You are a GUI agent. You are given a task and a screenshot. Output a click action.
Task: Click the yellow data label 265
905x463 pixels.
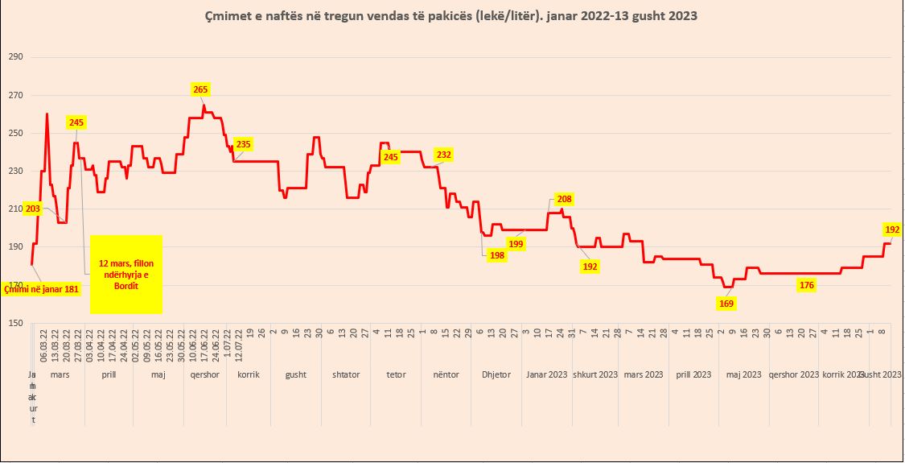[x=200, y=89]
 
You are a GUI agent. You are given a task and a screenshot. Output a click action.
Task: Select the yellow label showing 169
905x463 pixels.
[x=726, y=304]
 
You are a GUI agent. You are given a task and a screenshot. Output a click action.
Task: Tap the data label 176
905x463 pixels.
[x=807, y=284]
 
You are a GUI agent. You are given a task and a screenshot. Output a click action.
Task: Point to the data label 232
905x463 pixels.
[x=443, y=154]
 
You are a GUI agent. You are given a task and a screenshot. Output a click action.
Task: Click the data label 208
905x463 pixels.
[x=564, y=199]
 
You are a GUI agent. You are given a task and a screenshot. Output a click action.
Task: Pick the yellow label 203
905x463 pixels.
[x=33, y=209]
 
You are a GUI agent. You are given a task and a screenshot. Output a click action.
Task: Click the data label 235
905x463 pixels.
[x=243, y=144]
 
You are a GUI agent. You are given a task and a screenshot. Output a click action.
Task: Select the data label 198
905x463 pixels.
[x=496, y=255]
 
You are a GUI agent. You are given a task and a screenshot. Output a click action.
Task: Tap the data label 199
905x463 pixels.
[x=516, y=244]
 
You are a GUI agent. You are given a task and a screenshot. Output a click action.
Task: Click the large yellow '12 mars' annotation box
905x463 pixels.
[x=126, y=275]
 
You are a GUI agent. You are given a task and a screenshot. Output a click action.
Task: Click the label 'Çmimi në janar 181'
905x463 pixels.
[x=42, y=288]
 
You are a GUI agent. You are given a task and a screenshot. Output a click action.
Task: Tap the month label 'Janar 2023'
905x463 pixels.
[x=547, y=374]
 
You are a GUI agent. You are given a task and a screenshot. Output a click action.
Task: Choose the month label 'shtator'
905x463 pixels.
[x=346, y=374]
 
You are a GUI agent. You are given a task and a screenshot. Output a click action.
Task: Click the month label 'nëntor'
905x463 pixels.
[x=446, y=374]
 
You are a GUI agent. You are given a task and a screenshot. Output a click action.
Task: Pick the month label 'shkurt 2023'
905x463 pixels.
[x=594, y=374]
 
